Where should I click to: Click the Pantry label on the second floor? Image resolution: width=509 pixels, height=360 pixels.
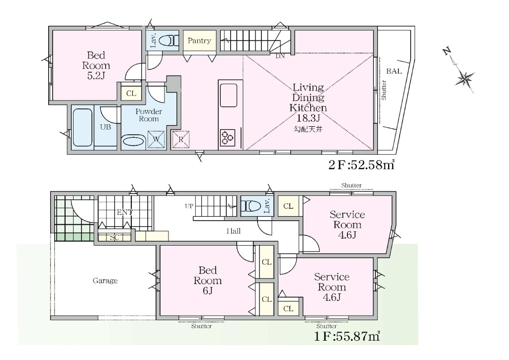(x=199, y=41)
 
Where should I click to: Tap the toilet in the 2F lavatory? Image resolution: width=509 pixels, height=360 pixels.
(x=169, y=41)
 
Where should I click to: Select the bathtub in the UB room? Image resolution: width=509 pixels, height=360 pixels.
(x=82, y=128)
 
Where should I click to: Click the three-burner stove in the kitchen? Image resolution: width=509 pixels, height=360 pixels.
(x=227, y=137)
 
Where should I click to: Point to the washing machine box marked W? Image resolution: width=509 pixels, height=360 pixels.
(x=156, y=140)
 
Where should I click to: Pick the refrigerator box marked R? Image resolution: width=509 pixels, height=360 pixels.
(x=180, y=140)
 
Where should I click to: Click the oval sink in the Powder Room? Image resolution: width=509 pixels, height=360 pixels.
(x=133, y=142)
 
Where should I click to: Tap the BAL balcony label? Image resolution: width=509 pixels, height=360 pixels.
(x=394, y=71)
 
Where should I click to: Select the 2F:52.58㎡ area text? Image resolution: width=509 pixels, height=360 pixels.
(x=361, y=165)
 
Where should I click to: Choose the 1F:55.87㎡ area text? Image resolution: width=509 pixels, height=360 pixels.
(x=347, y=336)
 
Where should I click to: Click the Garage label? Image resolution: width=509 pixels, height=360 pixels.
(x=105, y=280)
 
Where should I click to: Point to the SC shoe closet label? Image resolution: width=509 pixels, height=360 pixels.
(x=114, y=237)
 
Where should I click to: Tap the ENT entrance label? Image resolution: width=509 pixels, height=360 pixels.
(x=125, y=212)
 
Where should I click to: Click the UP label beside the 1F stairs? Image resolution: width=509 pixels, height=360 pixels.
(x=189, y=206)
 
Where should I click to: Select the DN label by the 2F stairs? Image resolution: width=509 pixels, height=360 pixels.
(x=280, y=56)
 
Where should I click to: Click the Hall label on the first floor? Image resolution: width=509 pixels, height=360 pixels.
(x=234, y=231)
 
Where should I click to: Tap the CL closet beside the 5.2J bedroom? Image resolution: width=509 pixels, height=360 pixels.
(x=131, y=93)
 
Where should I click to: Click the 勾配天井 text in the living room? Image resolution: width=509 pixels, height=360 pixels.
(x=308, y=129)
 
